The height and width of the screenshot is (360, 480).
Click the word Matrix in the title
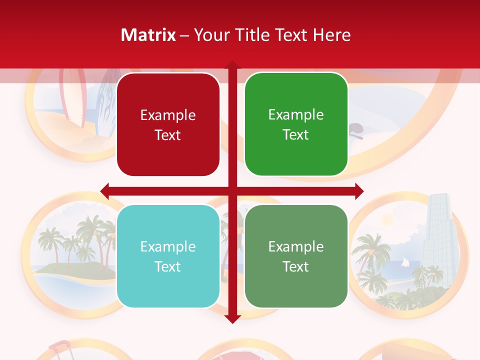148,35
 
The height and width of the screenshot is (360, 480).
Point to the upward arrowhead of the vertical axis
232,65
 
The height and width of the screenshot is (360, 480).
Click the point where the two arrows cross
232,191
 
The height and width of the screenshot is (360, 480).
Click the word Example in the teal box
168,246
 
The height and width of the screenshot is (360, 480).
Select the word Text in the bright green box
296,135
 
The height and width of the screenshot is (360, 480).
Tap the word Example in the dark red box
168,115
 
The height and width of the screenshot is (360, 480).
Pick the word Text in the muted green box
296,266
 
